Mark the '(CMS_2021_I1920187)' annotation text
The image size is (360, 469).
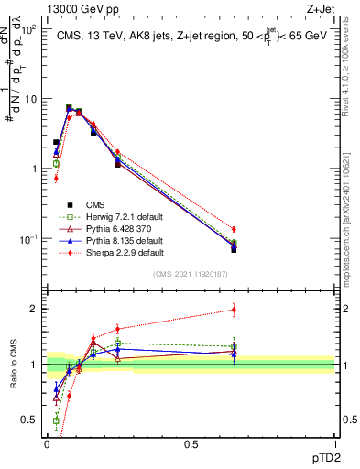[190, 275]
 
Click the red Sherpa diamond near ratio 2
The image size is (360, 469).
[234, 310]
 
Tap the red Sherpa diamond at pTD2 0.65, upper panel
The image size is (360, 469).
[234, 229]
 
